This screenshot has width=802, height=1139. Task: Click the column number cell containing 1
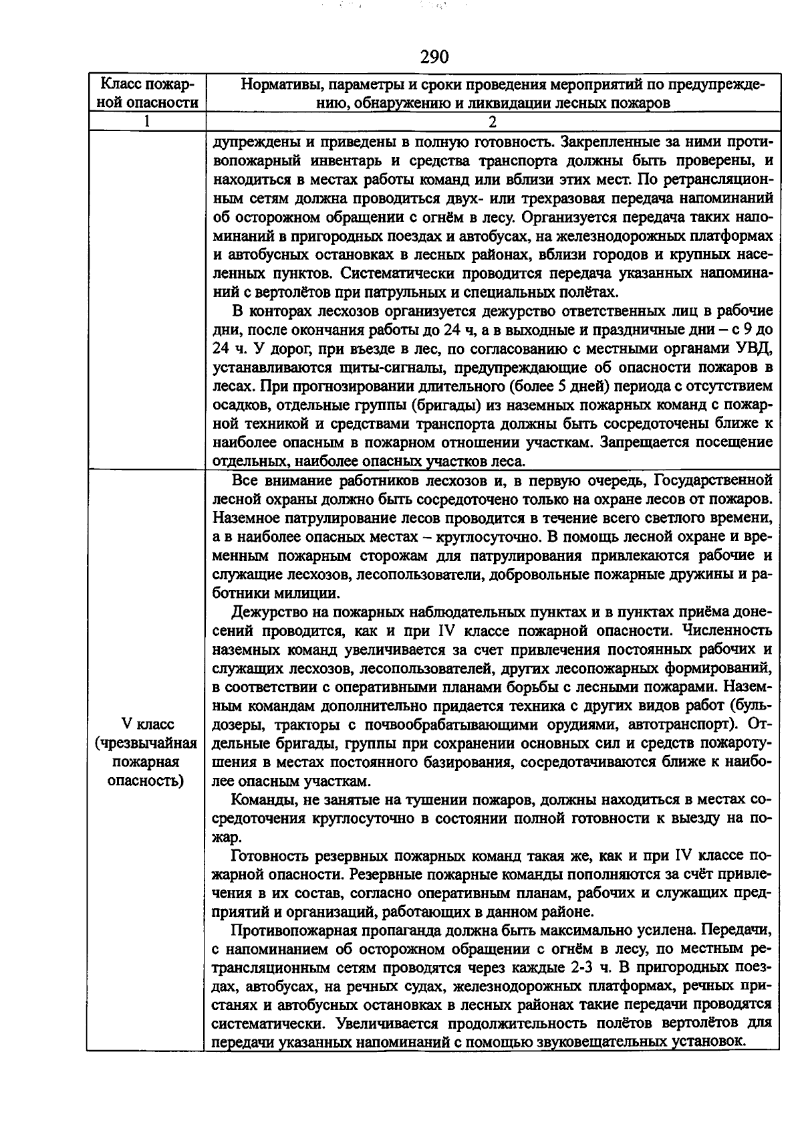[x=145, y=121]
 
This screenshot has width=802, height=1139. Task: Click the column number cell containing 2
[x=493, y=121]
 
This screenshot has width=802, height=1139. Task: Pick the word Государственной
[x=712, y=480]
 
